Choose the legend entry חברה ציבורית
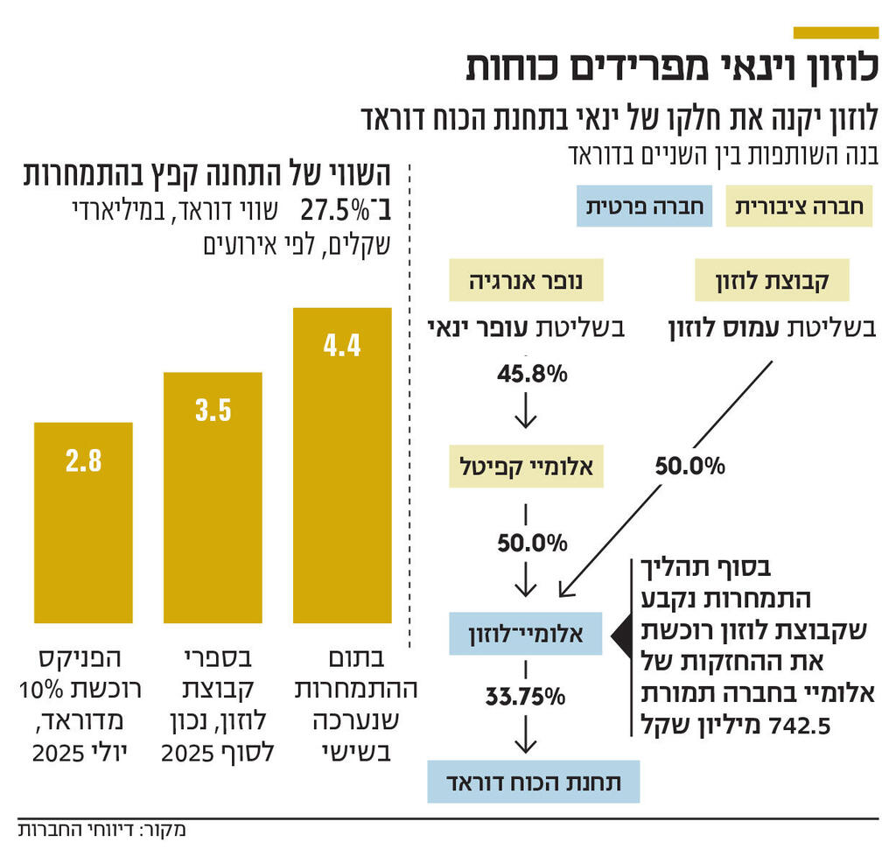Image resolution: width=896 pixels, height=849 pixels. pos(800,207)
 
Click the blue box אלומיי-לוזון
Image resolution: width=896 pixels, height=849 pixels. pos(526,632)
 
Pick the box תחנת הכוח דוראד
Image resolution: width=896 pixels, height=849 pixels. pos(533,782)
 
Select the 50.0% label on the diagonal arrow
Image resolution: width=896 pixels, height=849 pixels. pos(691,467)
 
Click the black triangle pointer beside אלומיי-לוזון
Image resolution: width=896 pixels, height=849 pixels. pos(619,632)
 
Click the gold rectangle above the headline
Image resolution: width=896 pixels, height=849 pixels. pos(835,32)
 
